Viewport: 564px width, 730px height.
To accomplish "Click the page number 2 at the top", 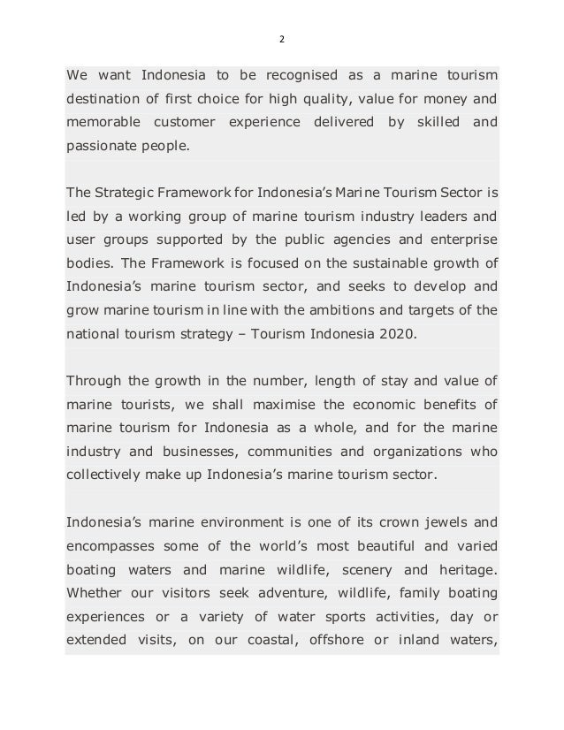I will [x=282, y=39].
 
